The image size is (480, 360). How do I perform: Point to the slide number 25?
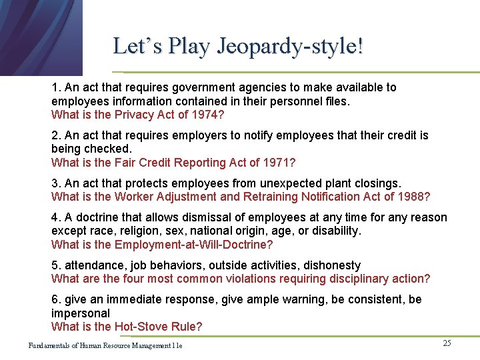coord(447,343)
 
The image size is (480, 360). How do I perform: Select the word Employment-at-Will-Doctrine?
coord(185,244)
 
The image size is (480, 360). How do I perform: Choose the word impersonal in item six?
coord(81,313)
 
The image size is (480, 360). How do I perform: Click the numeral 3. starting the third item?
coord(56,183)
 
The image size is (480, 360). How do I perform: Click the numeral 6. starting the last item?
coord(56,299)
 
